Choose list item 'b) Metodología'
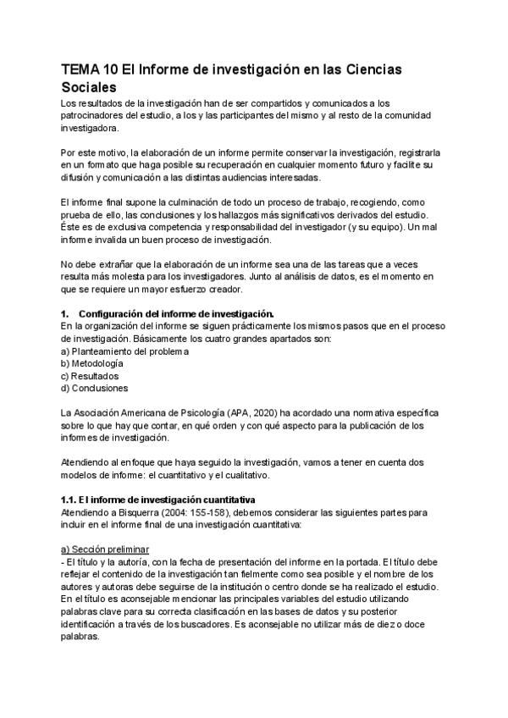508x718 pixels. [98, 363]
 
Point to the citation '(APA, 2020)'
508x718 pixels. [240, 413]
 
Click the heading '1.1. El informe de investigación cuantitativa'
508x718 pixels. [157, 500]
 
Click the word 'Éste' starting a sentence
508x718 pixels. [72, 229]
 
